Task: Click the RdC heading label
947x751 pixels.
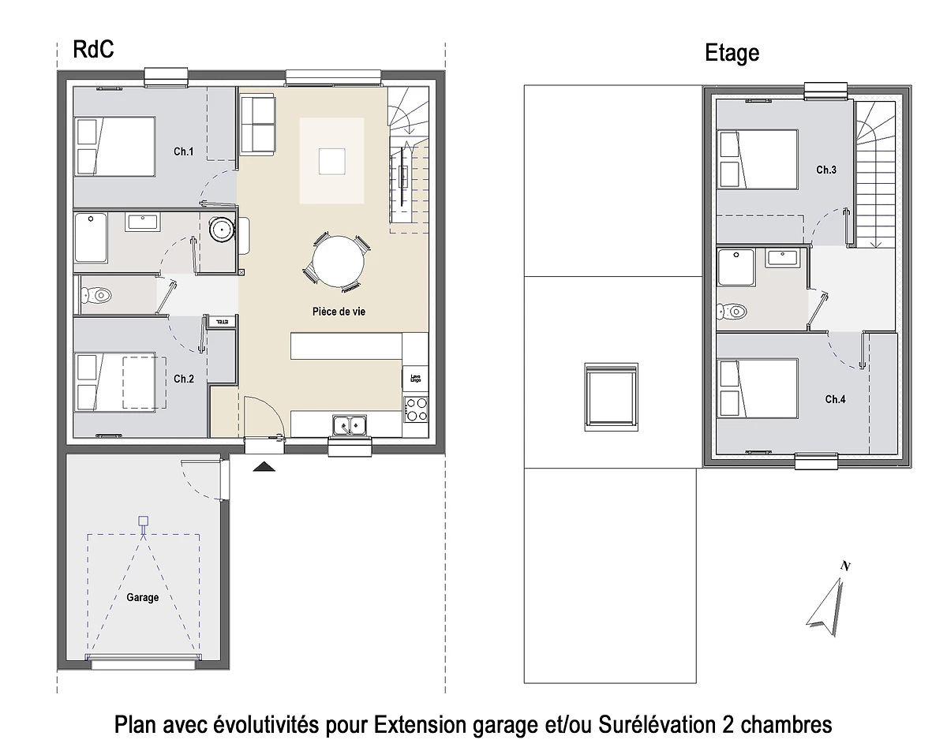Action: pos(93,50)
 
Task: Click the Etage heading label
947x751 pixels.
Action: pos(732,53)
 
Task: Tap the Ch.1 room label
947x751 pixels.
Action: pos(184,151)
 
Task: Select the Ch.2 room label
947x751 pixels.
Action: pos(184,379)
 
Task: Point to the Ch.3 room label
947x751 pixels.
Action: pos(826,170)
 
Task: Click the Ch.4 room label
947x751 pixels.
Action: pos(835,399)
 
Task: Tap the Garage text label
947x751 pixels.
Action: pos(143,597)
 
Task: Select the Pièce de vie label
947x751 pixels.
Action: pos(339,312)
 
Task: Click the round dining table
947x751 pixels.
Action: pos(338,261)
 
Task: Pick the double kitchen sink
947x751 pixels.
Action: pos(349,426)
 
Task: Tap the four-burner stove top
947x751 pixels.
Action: pos(416,409)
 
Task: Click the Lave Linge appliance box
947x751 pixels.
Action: pos(415,378)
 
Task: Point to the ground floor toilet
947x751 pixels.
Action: pos(97,295)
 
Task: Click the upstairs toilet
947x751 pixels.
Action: pos(732,311)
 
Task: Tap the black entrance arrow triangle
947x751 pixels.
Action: pos(264,467)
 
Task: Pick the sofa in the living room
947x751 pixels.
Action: pos(257,124)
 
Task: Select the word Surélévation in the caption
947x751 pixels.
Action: pos(657,724)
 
